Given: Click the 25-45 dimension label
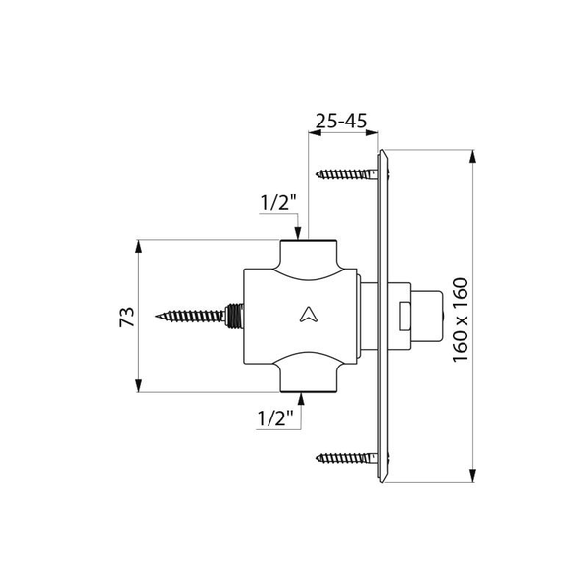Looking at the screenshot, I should pyautogui.click(x=341, y=122).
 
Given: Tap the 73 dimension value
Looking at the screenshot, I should pyautogui.click(x=126, y=317).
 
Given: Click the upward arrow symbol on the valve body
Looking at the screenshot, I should pyautogui.click(x=307, y=315).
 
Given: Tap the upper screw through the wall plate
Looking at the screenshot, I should pyautogui.click(x=347, y=174).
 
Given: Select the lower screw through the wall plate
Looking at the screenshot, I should pyautogui.click(x=347, y=457).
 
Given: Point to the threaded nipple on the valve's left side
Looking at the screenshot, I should pyautogui.click(x=233, y=316).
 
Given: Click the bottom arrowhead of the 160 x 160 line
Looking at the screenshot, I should pyautogui.click(x=475, y=480).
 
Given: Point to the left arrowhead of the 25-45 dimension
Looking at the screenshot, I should pyautogui.click(x=313, y=135).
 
